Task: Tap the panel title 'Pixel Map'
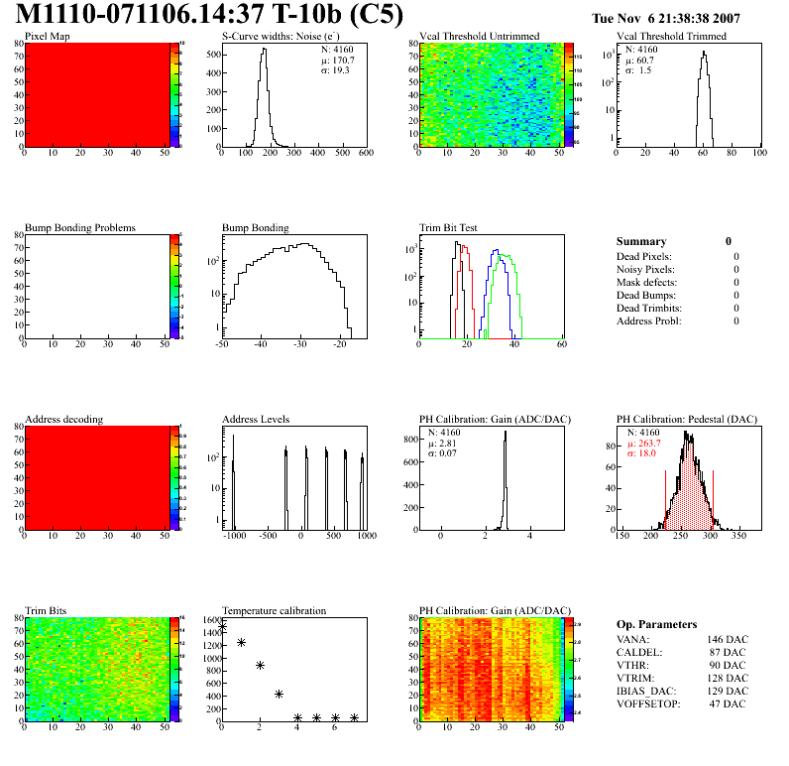[47, 37]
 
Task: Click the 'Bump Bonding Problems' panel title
[80, 227]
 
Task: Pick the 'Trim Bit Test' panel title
[449, 227]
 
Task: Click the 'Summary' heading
[641, 241]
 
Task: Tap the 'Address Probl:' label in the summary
[649, 320]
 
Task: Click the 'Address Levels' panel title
[256, 419]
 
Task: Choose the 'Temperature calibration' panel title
[275, 610]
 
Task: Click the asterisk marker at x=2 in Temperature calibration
[260, 666]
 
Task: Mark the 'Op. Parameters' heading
[656, 624]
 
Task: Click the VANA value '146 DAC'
[728, 639]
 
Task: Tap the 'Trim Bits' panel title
[46, 610]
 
